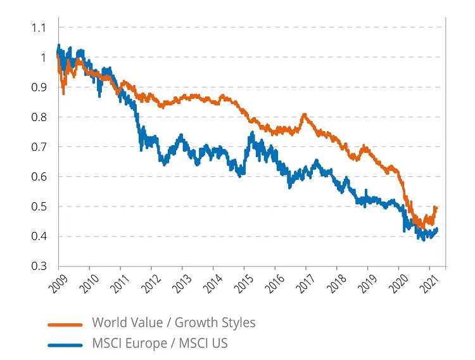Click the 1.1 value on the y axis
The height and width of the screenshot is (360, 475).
click(x=39, y=27)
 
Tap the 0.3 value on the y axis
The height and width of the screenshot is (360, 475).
click(x=39, y=266)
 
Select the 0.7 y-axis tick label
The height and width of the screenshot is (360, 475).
click(x=39, y=147)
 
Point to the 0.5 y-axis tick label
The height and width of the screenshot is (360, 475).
click(x=39, y=207)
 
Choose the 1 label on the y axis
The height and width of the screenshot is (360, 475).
click(x=43, y=57)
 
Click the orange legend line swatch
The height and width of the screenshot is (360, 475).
click(x=65, y=324)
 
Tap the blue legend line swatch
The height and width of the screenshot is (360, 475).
click(x=65, y=345)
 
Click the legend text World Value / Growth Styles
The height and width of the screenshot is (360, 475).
click(x=174, y=323)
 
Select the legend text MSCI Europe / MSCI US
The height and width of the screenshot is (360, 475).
click(x=159, y=344)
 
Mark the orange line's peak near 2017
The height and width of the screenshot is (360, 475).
click(x=305, y=115)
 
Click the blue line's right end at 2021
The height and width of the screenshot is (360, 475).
click(x=437, y=230)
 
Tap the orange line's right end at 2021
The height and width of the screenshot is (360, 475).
click(x=437, y=209)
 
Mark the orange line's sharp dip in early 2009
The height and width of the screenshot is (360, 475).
click(x=63, y=93)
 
